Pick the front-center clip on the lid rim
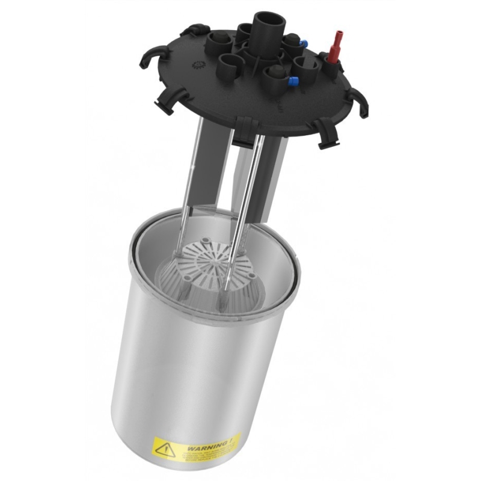(245, 130)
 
